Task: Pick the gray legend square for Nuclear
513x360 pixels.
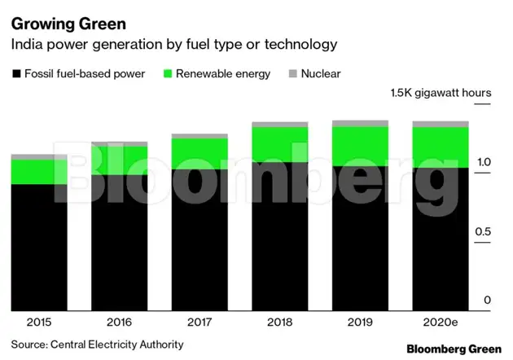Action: click(x=292, y=74)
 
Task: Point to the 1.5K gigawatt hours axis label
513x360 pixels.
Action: click(x=440, y=93)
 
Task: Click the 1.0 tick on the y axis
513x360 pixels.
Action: click(x=484, y=163)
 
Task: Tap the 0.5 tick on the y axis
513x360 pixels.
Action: click(x=484, y=232)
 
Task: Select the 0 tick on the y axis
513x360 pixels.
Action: click(x=487, y=301)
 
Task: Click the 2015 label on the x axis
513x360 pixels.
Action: click(x=38, y=322)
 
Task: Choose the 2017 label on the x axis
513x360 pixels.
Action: click(x=199, y=322)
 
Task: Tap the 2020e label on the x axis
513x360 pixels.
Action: click(x=441, y=322)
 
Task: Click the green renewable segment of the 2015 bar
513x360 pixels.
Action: click(x=38, y=172)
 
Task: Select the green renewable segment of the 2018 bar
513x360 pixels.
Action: click(x=279, y=144)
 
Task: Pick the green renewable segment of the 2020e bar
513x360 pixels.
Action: click(x=441, y=147)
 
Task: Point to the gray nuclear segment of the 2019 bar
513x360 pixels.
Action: click(x=360, y=124)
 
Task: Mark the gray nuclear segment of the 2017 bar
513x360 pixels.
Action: click(x=199, y=136)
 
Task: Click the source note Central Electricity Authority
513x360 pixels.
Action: click(x=97, y=345)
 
